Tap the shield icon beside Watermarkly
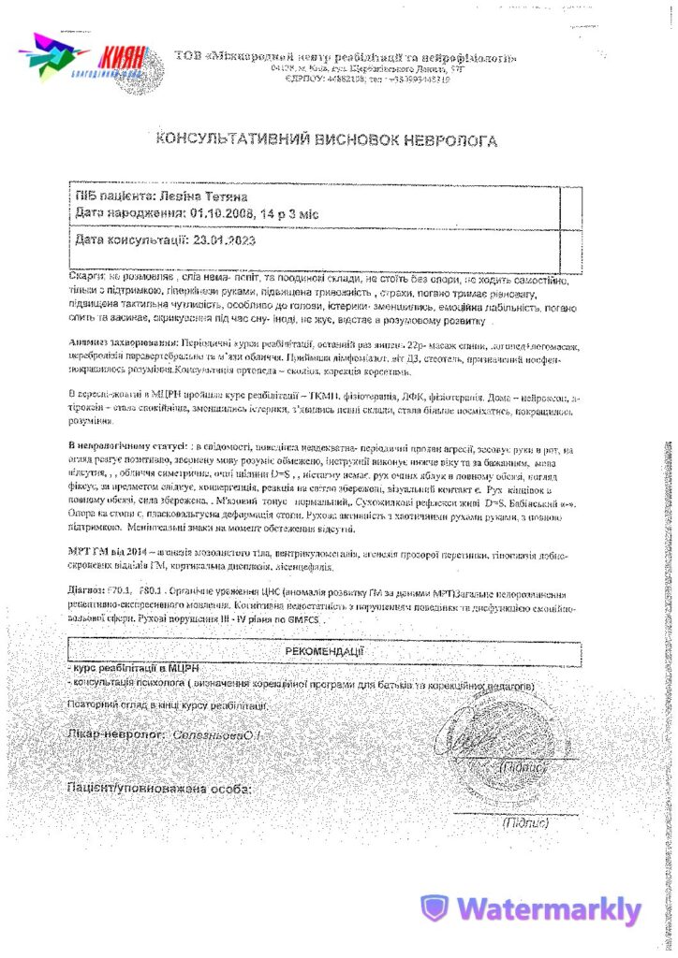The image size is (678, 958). tap(434, 908)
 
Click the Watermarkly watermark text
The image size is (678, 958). tap(548, 909)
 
